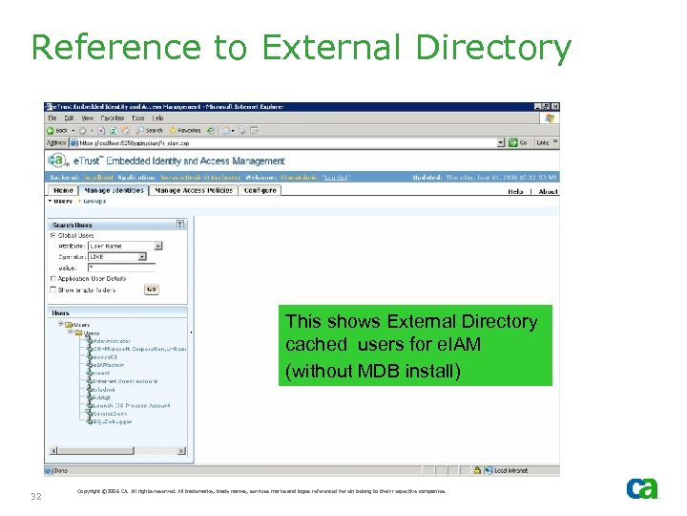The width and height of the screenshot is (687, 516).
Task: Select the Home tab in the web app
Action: [63, 191]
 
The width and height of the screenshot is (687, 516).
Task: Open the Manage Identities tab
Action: [114, 191]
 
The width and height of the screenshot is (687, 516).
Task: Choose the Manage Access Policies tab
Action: [194, 191]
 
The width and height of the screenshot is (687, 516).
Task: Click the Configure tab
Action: [260, 191]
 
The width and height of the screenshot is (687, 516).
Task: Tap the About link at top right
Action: [548, 192]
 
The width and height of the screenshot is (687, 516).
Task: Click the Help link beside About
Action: [515, 192]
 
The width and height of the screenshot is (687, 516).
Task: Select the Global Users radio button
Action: [52, 235]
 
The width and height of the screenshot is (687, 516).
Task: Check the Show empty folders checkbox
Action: [52, 290]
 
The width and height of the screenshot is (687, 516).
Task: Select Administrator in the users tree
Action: [112, 341]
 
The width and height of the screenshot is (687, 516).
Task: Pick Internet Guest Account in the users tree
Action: [123, 381]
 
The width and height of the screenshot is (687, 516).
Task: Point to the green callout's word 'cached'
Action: [315, 346]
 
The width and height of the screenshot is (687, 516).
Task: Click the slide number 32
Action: [36, 497]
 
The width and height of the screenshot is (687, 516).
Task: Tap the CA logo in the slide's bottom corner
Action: [641, 488]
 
